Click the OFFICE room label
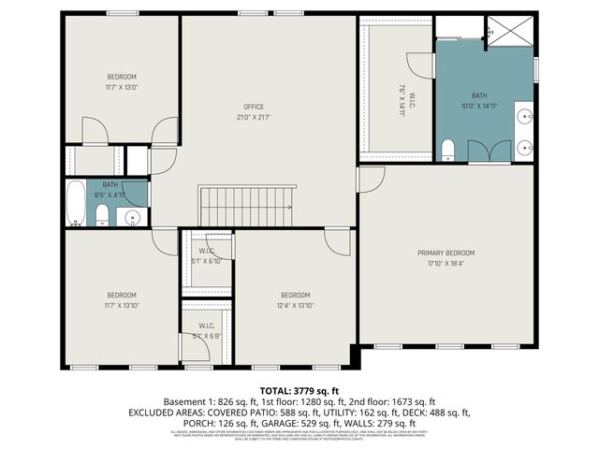(x=253, y=107)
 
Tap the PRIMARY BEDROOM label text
(x=446, y=253)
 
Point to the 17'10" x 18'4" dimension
(x=446, y=264)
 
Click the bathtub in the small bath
(x=76, y=205)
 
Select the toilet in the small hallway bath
(x=101, y=217)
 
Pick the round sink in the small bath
(x=132, y=217)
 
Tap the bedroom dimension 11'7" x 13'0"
(x=122, y=87)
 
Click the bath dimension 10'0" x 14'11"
(x=479, y=106)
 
